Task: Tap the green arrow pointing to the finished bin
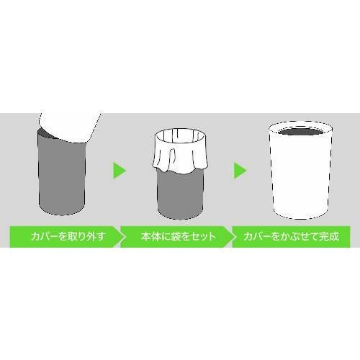click(x=240, y=171)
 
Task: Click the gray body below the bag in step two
click(x=179, y=194)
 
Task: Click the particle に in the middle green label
click(x=160, y=235)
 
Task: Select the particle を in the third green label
click(x=271, y=235)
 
